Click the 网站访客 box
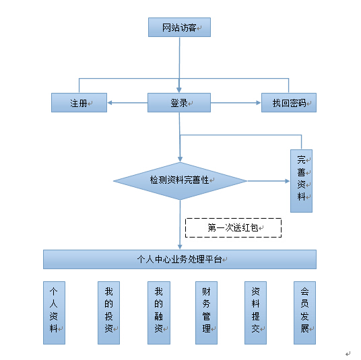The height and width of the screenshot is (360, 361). tap(179, 27)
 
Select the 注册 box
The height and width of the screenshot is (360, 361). tap(79, 102)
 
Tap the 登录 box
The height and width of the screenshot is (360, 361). tap(179, 102)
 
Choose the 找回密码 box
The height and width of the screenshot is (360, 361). tap(289, 102)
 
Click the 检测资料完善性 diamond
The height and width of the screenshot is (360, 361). tap(180, 181)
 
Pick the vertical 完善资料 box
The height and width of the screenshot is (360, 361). tap(301, 181)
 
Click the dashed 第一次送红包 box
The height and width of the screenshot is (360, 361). tap(234, 227)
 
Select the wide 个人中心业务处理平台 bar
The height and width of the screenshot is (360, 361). tap(180, 259)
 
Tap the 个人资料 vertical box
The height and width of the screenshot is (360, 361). tap(54, 313)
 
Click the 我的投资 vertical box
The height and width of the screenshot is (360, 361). tap(108, 313)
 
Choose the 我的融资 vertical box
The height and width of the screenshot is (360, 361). tap(159, 313)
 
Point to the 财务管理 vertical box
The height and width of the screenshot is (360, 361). tap(206, 313)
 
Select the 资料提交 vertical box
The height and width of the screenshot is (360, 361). tap(255, 313)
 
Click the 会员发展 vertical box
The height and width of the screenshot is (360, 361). tap(304, 313)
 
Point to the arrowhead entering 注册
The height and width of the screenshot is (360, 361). tap(110, 102)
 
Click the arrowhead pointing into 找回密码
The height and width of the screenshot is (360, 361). tap(259, 102)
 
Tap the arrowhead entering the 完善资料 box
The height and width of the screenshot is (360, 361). tap(288, 181)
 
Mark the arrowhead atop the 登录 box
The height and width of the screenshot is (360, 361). tap(179, 90)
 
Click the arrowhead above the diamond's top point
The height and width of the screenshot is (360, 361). tap(180, 159)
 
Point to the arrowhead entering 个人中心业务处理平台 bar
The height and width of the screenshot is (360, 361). tap(180, 247)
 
